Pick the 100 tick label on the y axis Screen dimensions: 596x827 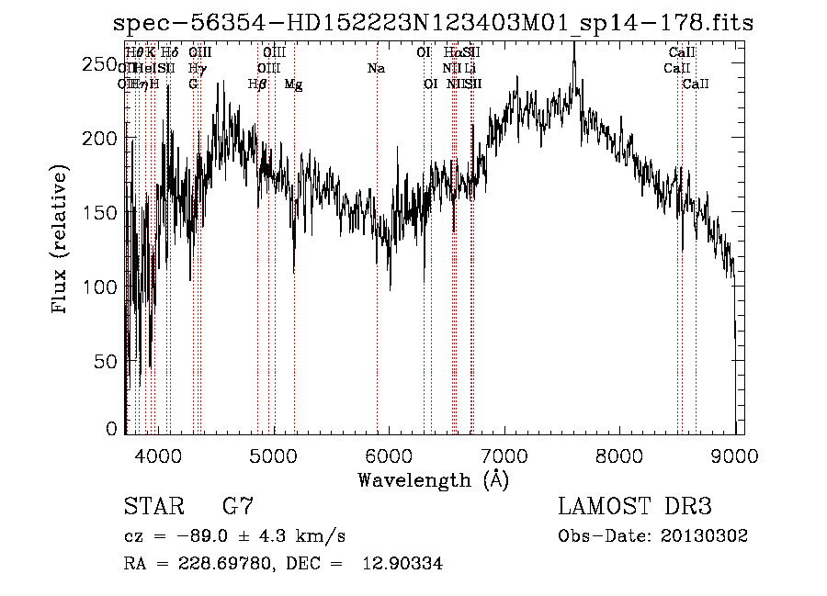click(101, 287)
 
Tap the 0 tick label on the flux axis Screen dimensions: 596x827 click(112, 428)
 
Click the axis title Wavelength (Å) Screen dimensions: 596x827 click(433, 478)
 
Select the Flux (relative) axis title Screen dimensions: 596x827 click(62, 242)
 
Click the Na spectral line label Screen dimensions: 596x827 click(376, 69)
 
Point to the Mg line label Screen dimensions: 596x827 click(293, 84)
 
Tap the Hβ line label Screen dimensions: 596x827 click(257, 84)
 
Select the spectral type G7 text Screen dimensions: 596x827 click(237, 507)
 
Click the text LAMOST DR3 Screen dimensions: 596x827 click(635, 507)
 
